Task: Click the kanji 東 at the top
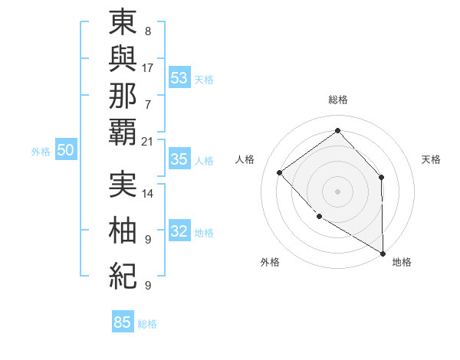coord(123,25)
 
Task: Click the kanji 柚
coord(123,230)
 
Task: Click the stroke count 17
coord(148,67)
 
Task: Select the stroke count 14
coord(148,193)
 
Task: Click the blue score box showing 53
coord(179,77)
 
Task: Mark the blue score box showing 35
coord(179,159)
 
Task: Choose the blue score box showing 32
coord(179,231)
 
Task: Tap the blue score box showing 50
coord(65,150)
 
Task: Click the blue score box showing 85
coord(123,322)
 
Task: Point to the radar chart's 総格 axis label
coord(337,100)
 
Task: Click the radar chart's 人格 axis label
coord(245,159)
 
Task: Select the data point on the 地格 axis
coord(383,252)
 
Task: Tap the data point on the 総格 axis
coord(337,130)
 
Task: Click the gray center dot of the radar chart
coord(337,190)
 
